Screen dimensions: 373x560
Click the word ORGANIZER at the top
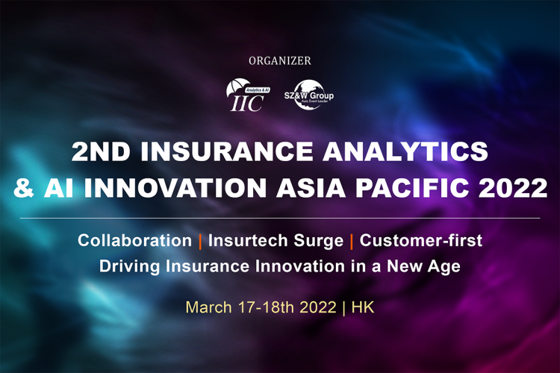click(x=280, y=60)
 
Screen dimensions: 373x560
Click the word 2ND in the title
click(x=102, y=152)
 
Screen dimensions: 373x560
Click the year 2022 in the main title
click(x=515, y=187)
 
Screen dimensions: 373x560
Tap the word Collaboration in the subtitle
click(x=134, y=241)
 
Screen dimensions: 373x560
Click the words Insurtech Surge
click(x=276, y=241)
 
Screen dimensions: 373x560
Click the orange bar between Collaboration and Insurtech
click(x=200, y=241)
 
